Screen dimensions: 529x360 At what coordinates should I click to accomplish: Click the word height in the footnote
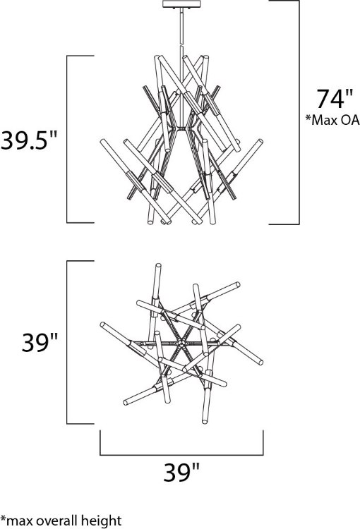point(101,521)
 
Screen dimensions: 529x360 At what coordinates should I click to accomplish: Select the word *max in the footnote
point(17,521)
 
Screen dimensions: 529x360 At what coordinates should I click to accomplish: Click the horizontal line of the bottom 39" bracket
point(181,454)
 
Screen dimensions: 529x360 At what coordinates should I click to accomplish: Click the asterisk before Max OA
point(308,119)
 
